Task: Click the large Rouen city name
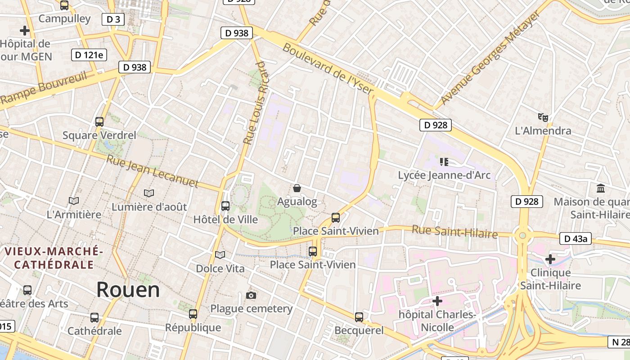pyautogui.click(x=128, y=290)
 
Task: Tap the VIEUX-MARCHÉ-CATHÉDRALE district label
pyautogui.click(x=54, y=257)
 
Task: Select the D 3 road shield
pyautogui.click(x=113, y=19)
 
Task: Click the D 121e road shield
pyautogui.click(x=89, y=55)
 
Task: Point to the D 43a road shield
pyautogui.click(x=575, y=238)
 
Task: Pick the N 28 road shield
pyautogui.click(x=619, y=342)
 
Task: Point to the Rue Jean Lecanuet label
pyautogui.click(x=153, y=171)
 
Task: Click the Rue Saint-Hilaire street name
pyautogui.click(x=454, y=232)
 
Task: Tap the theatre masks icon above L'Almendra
pyautogui.click(x=543, y=117)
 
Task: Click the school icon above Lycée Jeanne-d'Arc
pyautogui.click(x=444, y=162)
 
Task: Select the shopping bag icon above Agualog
pyautogui.click(x=297, y=188)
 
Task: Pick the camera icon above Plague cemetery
pyautogui.click(x=251, y=295)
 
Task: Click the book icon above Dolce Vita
pyautogui.click(x=220, y=255)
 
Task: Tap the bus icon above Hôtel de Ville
pyautogui.click(x=225, y=206)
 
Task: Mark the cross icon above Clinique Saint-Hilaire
pyautogui.click(x=550, y=259)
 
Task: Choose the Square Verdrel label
pyautogui.click(x=99, y=135)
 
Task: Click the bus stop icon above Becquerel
pyautogui.click(x=359, y=317)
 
